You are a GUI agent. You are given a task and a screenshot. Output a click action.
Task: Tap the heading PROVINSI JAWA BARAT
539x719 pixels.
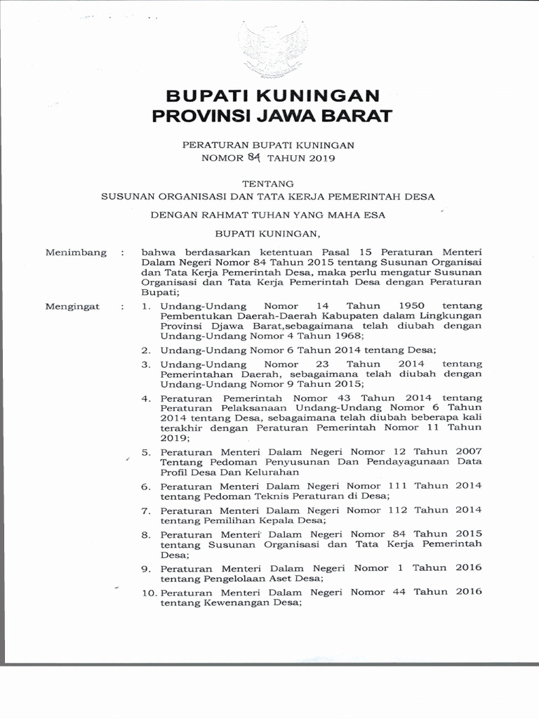[x=272, y=117]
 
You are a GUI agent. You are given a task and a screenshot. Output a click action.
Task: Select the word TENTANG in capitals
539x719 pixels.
[x=269, y=183]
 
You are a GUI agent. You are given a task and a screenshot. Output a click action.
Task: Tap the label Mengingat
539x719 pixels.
[x=72, y=306]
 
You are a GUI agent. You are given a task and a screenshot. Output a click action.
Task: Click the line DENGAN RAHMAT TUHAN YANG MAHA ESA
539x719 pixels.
[x=268, y=215]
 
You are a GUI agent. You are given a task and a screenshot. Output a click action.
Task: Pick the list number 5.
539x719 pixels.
[x=147, y=453]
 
